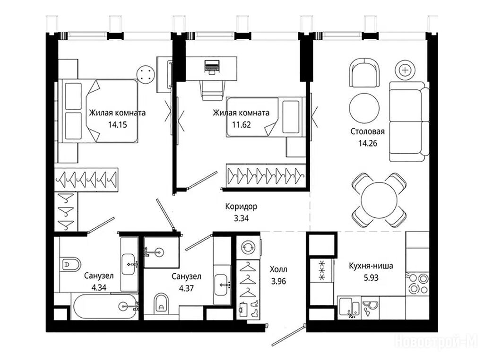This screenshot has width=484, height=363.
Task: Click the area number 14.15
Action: click(x=118, y=125)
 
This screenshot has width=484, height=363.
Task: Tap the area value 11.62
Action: click(x=242, y=125)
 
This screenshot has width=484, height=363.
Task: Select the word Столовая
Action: click(x=368, y=131)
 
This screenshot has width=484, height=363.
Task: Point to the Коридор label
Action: click(x=241, y=207)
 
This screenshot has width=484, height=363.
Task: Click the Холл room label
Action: click(x=278, y=269)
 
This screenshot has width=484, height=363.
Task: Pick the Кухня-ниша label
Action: click(x=371, y=266)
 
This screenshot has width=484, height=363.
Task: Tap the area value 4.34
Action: click(x=99, y=288)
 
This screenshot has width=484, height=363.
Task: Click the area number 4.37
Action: click(x=186, y=288)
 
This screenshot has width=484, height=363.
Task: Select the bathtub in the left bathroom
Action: click(x=105, y=306)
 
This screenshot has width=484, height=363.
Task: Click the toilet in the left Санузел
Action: click(x=70, y=264)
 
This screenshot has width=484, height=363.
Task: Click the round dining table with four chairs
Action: click(x=380, y=200)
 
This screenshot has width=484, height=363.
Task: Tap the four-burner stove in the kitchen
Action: click(x=417, y=284)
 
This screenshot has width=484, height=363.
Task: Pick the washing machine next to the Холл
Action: click(x=248, y=247)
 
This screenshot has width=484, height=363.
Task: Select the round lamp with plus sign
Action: click(x=405, y=70)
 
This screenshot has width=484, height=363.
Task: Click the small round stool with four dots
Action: click(x=146, y=74)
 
